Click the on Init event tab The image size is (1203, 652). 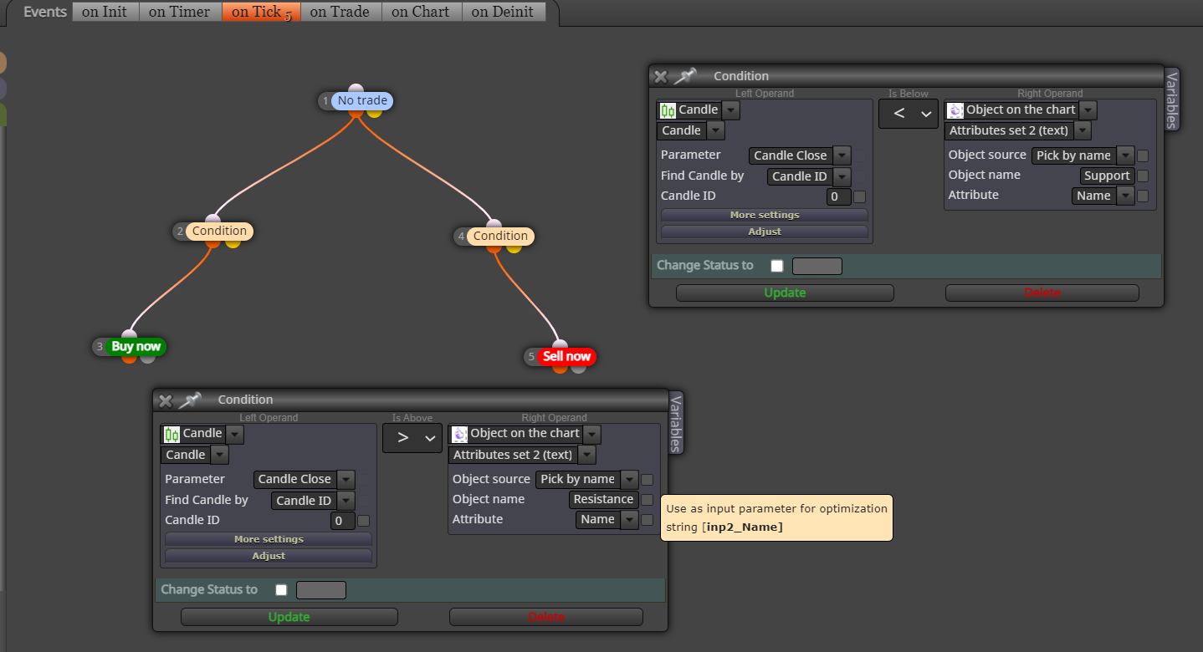105,12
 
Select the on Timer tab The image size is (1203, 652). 180,12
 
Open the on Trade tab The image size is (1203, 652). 340,12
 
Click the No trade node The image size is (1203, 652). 362,100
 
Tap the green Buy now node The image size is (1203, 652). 136,346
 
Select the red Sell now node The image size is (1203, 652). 566,356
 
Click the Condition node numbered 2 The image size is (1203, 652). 219,231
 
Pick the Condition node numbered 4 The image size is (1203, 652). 500,236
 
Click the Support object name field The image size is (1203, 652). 1107,176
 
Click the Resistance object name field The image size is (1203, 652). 603,499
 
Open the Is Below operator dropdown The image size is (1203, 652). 909,114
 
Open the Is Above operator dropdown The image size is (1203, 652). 412,438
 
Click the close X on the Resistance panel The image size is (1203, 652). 166,400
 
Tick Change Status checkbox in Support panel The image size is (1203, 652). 776,266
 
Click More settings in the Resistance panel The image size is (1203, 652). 269,539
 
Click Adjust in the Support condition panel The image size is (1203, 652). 765,232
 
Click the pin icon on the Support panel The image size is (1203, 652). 685,76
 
